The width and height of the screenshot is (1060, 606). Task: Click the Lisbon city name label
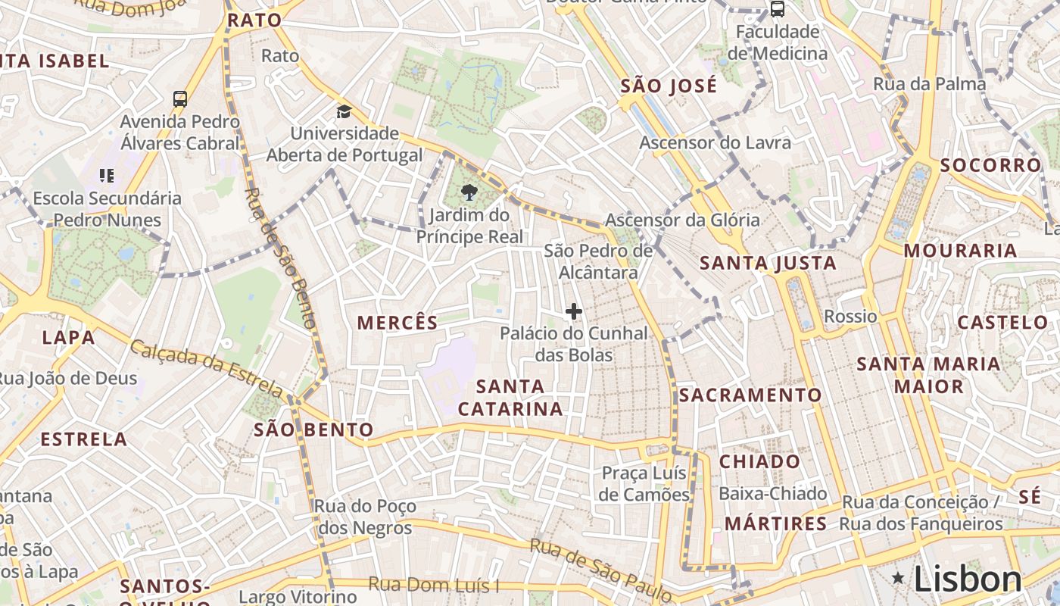[968, 579]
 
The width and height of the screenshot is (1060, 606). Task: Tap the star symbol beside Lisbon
[898, 579]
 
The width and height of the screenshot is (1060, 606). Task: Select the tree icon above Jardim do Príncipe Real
[469, 192]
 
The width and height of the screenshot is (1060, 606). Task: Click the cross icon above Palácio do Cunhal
[573, 311]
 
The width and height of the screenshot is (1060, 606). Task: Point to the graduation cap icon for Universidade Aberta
[344, 112]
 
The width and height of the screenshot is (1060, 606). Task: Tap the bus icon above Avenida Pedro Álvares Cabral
[180, 98]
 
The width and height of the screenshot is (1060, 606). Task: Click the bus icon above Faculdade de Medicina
[777, 9]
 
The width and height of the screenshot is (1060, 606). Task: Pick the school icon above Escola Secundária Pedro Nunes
[107, 176]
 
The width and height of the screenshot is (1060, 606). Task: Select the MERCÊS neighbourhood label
[397, 323]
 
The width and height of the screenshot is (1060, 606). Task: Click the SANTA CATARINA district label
[511, 398]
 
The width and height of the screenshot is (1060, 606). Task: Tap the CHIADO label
[759, 461]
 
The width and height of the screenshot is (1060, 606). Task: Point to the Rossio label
[850, 316]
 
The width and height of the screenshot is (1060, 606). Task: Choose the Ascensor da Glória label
[682, 220]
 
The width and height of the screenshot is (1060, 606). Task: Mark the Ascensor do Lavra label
[715, 142]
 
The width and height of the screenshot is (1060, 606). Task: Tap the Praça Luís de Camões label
[644, 483]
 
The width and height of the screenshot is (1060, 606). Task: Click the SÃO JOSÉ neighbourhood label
[669, 86]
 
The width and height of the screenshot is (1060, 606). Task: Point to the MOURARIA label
[960, 251]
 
